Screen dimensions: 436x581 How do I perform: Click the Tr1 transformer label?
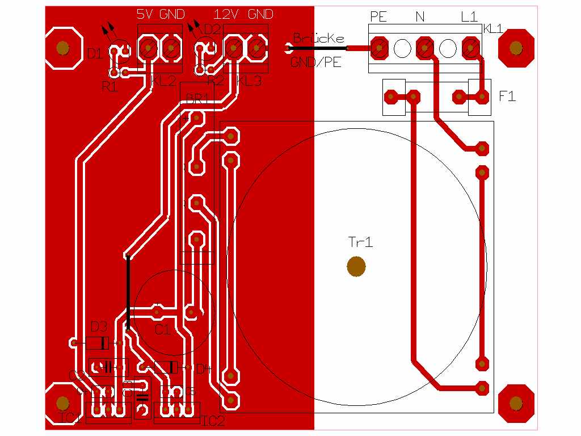[360, 243]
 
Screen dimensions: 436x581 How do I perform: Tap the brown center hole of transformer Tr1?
[356, 266]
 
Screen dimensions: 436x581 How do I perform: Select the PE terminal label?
[378, 16]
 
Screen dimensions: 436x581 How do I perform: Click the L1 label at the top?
[469, 16]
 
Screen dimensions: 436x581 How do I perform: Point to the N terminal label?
[420, 17]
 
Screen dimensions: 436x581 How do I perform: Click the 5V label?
[146, 14]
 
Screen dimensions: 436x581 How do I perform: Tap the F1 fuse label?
[507, 97]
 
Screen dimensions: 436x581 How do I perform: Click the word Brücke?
[318, 39]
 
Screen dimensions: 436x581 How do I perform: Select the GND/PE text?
[316, 62]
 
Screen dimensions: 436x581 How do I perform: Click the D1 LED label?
[95, 54]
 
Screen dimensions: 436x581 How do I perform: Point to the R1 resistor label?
[110, 87]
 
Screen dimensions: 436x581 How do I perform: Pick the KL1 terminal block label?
[492, 29]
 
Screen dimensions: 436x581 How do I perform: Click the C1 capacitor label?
[163, 329]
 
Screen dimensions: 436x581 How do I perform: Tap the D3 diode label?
[99, 326]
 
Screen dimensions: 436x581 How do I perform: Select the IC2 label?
[213, 421]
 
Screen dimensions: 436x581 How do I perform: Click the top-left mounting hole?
[62, 48]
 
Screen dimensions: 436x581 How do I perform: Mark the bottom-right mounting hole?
[516, 403]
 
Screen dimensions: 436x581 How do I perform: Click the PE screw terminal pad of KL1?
[378, 49]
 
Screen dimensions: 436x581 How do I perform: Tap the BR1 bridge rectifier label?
[198, 99]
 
